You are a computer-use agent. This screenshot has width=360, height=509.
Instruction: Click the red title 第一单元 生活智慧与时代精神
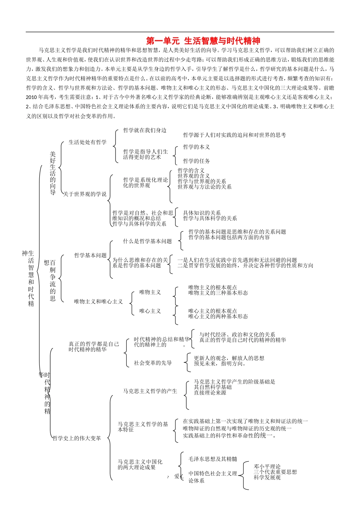click(203, 41)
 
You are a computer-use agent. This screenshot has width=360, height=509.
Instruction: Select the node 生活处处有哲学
click(88, 142)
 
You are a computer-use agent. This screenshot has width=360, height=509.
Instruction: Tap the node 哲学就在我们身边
click(145, 130)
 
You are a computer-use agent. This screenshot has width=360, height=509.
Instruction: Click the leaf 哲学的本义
click(196, 147)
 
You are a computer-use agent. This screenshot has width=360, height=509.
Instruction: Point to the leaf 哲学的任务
click(196, 161)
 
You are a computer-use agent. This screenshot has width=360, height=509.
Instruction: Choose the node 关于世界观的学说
click(85, 194)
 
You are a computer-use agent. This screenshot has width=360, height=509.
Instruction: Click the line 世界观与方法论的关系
click(205, 187)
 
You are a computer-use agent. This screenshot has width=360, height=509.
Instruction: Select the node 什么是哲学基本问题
click(147, 241)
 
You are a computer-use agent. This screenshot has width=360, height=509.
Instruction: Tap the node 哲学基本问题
click(91, 256)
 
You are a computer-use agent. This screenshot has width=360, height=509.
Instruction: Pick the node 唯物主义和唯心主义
click(99, 301)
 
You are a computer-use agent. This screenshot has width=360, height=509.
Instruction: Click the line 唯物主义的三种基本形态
click(218, 293)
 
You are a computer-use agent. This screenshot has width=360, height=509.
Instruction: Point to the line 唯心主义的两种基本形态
click(218, 316)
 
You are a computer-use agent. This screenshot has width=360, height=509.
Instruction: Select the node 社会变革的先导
click(153, 363)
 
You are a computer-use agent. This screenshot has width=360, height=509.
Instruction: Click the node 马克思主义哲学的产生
click(150, 391)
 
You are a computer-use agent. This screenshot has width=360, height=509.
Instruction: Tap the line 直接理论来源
click(210, 393)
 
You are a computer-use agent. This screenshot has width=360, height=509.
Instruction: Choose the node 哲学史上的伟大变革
click(77, 438)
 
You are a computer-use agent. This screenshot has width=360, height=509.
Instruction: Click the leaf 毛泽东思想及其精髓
click(213, 459)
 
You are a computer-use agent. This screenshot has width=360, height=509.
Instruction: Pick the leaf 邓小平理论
click(267, 467)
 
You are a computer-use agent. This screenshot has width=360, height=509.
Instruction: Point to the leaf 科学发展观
click(267, 478)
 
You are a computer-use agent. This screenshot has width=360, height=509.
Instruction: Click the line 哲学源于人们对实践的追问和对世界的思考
click(235, 135)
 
